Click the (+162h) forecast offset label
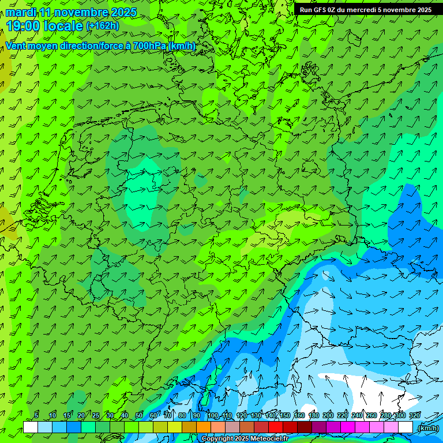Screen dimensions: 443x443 [x=103, y=26]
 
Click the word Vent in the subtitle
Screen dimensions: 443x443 [x=16, y=46]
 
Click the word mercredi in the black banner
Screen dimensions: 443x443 [x=362, y=10]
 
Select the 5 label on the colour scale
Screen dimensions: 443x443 [x=36, y=416]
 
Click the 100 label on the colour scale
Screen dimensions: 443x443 [x=213, y=416]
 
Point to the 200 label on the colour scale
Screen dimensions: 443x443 [x=328, y=416]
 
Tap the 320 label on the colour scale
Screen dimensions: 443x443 [x=414, y=416]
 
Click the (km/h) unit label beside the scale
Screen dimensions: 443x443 [x=427, y=428]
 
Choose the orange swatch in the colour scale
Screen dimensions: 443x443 [x=204, y=427]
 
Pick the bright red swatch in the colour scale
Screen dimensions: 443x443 [x=276, y=427]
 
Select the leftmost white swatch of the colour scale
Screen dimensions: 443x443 [x=31, y=427]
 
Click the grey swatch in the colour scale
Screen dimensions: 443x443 [x=232, y=427]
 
